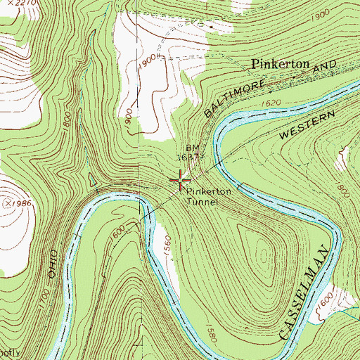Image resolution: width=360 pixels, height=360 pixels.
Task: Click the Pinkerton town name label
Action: coord(281,64)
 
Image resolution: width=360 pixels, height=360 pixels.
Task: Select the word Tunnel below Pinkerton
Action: coord(203,201)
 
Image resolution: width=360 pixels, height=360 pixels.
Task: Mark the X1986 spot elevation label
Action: coord(21,203)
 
